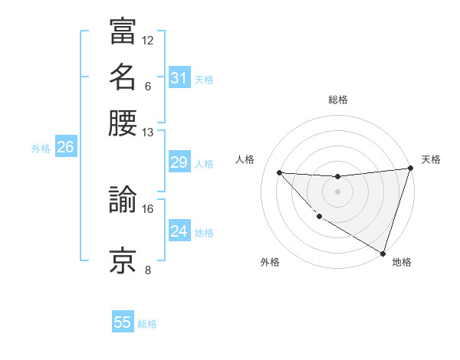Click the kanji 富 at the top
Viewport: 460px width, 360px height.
122,31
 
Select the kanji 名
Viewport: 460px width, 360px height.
122,77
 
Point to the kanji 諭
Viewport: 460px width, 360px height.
122,201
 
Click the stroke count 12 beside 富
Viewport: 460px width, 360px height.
148,40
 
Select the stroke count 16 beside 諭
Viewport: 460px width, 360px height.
148,208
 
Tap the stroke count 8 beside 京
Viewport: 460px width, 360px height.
148,270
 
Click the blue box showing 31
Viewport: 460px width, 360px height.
179,77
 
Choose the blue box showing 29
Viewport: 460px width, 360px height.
179,162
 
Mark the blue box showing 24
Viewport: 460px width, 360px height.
179,231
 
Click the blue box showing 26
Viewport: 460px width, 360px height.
65,148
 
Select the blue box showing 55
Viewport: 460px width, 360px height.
123,322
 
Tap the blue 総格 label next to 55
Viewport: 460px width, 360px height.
147,324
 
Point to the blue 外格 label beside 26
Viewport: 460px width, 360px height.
41,149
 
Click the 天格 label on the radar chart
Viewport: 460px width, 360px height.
431,159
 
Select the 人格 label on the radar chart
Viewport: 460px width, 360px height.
245,159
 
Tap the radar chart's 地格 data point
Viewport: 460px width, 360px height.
383,253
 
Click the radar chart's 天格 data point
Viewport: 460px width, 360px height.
411,169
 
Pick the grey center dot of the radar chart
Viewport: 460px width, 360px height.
337,191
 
